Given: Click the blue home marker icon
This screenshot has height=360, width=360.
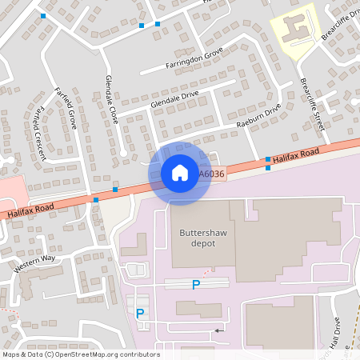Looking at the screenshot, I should (179, 173).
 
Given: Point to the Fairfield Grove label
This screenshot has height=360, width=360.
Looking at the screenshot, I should (65, 108).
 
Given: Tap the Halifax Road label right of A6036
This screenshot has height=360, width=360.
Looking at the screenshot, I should (294, 156).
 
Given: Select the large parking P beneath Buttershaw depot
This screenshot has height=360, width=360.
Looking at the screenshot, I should (196, 284).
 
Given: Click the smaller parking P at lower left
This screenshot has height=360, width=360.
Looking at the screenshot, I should (140, 314).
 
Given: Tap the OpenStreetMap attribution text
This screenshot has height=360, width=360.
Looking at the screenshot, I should (80, 354).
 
